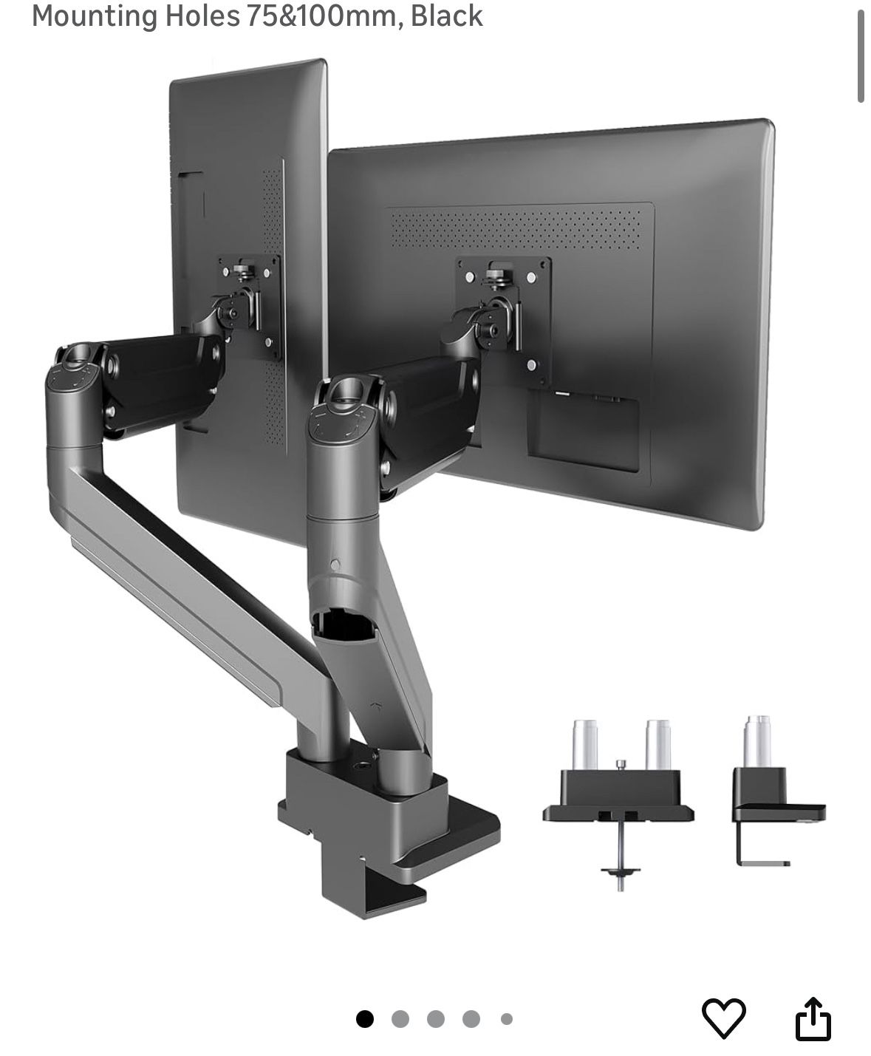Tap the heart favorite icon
coord(723,1018)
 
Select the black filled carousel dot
coord(365,1019)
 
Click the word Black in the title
coord(446,16)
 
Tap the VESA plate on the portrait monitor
coord(249,307)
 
